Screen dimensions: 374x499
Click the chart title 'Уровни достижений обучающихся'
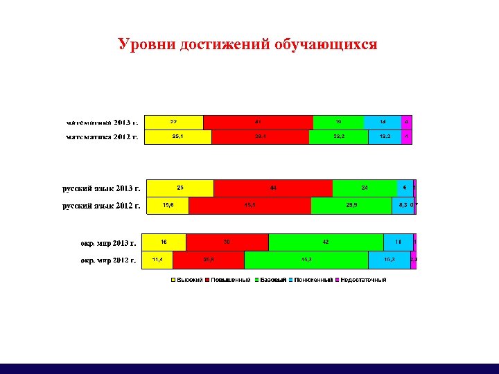(x=247, y=45)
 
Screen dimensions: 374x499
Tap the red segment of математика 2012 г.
(x=260, y=137)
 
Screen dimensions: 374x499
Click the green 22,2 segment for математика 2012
(x=338, y=137)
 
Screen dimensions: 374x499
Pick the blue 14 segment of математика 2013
(x=383, y=122)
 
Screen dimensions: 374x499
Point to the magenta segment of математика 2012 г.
(x=407, y=137)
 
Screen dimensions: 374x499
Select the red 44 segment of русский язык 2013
(x=273, y=188)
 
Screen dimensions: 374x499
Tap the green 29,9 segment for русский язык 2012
(x=351, y=205)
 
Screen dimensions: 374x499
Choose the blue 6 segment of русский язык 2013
(x=403, y=188)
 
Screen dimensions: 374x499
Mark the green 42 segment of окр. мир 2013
(x=326, y=242)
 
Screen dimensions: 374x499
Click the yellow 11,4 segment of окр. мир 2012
(x=157, y=259)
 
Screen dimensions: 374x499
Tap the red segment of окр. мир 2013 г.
(x=227, y=242)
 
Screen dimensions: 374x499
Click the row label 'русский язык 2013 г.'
(x=101, y=188)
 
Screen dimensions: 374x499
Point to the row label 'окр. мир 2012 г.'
(x=108, y=260)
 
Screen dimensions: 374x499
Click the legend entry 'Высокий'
(x=187, y=280)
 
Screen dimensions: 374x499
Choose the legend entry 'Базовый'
(x=271, y=280)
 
